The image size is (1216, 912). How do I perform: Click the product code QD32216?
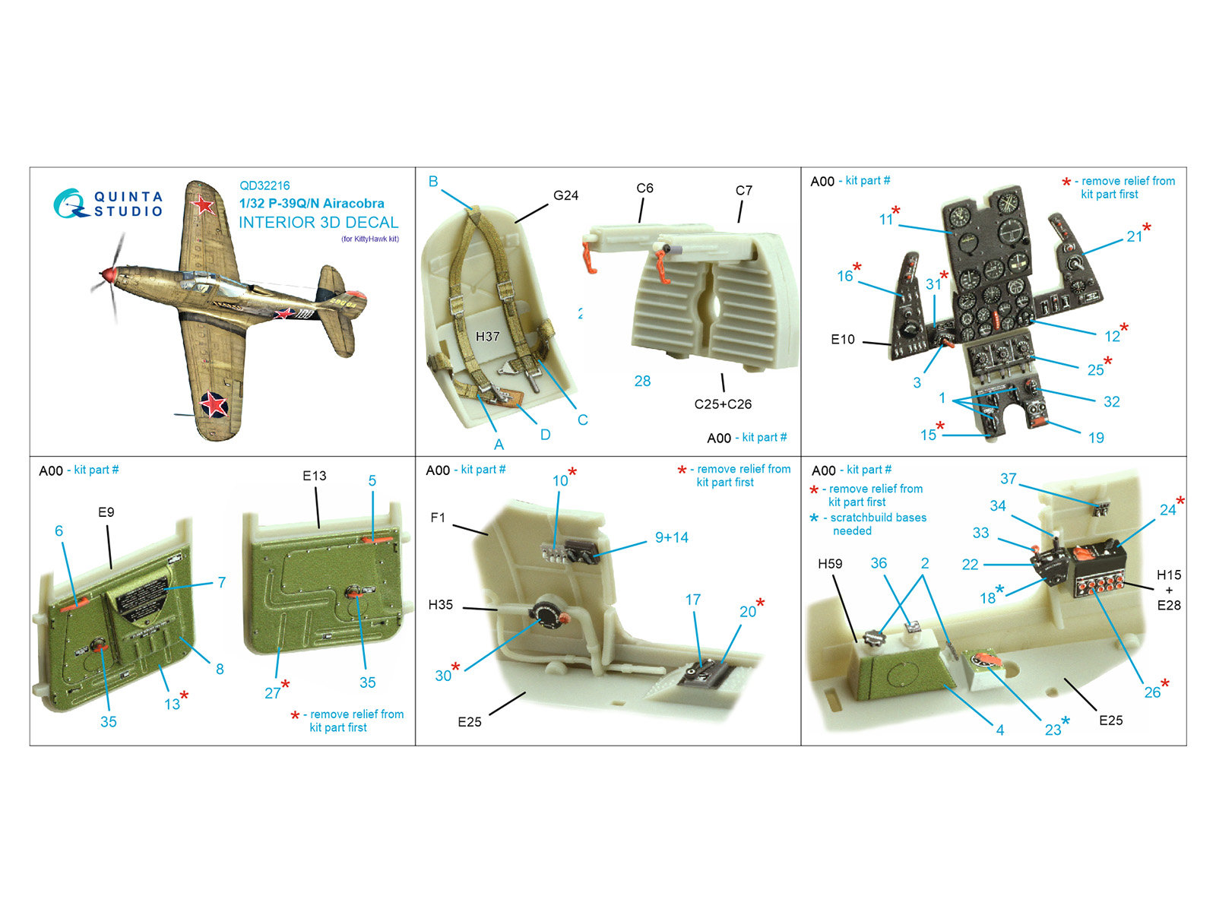pos(264,185)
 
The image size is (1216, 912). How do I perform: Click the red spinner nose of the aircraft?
pos(106,274)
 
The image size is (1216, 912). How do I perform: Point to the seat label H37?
pos(487,337)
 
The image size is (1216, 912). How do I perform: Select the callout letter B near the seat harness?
pos(433,181)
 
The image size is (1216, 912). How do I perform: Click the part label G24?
pos(565,195)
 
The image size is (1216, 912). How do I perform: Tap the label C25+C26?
pos(723,404)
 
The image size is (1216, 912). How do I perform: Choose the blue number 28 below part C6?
pos(643,381)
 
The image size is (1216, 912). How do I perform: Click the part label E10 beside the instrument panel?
pos(843,340)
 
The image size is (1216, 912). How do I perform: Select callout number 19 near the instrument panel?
pos(1096,438)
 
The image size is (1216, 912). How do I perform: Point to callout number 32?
pos(1111,402)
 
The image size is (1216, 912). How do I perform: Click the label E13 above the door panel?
pos(314,476)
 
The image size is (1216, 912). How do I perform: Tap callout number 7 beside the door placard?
pos(222,582)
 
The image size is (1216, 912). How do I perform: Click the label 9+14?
pos(671,537)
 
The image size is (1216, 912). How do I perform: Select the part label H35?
pos(440,605)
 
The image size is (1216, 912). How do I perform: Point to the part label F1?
pos(438,518)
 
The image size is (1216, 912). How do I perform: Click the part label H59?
pos(830,564)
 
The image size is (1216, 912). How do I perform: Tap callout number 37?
pos(1009,479)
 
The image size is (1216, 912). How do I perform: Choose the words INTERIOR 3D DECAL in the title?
pos(318,223)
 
